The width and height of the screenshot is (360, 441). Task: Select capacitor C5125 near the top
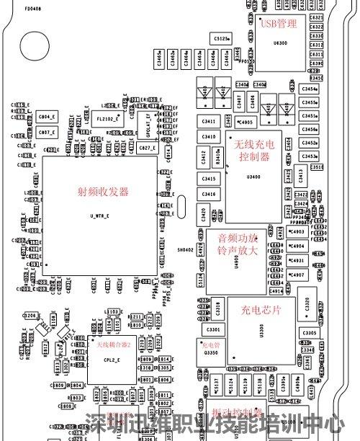(222, 37)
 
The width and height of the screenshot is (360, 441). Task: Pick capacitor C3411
(209, 121)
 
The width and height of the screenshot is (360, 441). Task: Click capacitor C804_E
(46, 117)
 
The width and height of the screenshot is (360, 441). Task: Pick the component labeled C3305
(309, 333)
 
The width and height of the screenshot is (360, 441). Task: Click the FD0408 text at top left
(32, 9)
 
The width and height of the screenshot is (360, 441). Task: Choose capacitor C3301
(213, 329)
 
